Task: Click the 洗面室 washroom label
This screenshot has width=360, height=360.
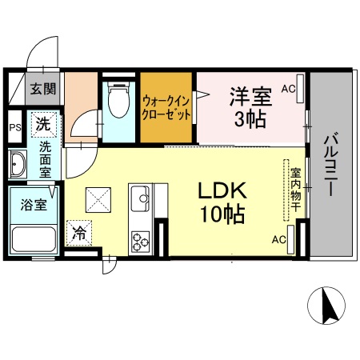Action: click(x=46, y=159)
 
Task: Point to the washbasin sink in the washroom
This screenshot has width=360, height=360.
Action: click(x=17, y=166)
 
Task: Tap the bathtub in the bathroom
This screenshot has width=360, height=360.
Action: click(x=31, y=239)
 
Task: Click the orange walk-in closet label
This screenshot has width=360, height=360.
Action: click(x=166, y=108)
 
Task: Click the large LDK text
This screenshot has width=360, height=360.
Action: click(x=220, y=193)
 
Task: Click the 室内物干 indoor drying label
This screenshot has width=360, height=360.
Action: click(x=294, y=190)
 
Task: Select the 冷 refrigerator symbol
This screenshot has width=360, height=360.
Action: click(x=79, y=233)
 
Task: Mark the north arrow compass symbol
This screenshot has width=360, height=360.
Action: click(x=326, y=305)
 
